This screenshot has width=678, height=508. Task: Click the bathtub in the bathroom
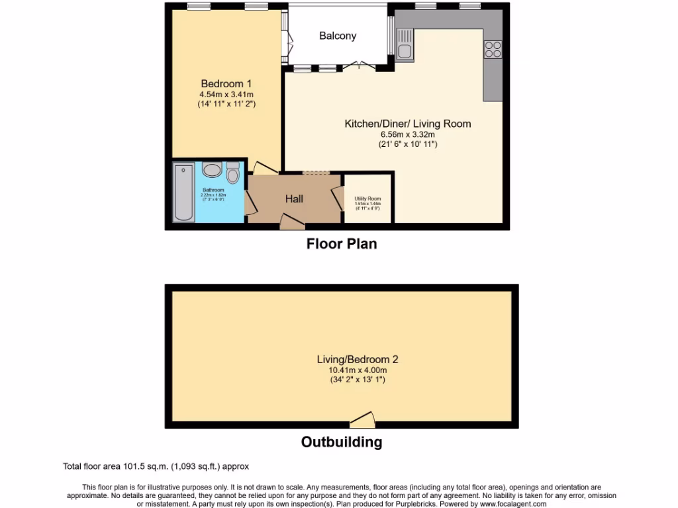184,193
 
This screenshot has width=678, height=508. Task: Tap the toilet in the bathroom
232,173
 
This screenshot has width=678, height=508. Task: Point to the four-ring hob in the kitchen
493,50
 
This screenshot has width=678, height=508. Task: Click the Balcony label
338,36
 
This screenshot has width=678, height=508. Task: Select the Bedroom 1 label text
226,84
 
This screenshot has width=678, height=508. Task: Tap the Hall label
294,198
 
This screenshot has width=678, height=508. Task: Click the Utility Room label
367,198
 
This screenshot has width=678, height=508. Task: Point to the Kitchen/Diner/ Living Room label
408,124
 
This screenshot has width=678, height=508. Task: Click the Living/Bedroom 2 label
358,360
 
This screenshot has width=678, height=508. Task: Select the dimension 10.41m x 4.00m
358,370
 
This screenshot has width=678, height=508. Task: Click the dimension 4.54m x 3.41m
226,95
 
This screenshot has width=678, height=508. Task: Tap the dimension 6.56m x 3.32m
408,134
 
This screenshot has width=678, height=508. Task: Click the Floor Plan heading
341,244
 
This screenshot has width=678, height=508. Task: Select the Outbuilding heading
342,442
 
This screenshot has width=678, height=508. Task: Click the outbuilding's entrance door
362,419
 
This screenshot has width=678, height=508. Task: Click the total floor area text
156,466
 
